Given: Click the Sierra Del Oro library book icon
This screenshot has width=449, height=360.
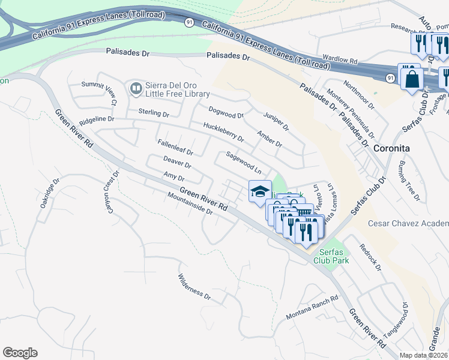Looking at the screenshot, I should click(136, 89).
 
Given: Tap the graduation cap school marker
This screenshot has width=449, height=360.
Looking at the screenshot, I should click(259, 192).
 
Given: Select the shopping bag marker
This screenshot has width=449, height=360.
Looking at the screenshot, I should click(412, 79).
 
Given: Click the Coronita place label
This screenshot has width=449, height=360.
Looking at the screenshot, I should click(391, 148).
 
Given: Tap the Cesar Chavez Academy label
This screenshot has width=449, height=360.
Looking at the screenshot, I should click(408, 224).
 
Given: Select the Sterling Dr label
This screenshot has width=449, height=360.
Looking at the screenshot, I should click(154, 113).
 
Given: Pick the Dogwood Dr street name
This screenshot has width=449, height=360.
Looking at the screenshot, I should click(226, 112).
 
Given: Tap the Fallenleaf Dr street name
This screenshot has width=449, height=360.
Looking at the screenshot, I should click(175, 148).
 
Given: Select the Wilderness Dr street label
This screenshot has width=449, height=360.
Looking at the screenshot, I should click(194, 287).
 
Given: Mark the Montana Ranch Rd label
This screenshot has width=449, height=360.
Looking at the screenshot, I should click(312, 307).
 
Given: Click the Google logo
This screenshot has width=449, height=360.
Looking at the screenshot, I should click(20, 353).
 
